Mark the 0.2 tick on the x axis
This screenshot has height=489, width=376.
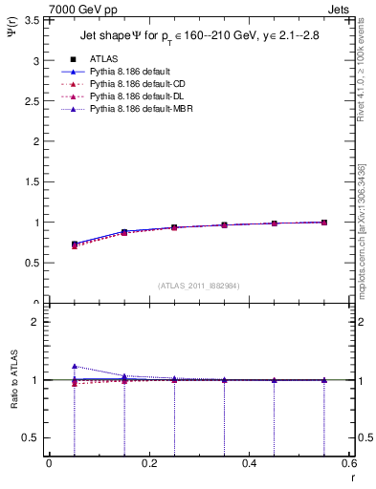point(148,463)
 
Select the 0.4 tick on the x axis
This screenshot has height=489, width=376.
point(249,463)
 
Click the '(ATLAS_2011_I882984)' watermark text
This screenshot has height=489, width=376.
point(198,286)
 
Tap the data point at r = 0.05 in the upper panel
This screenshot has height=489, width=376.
point(75,244)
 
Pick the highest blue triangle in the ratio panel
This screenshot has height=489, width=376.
point(75,366)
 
